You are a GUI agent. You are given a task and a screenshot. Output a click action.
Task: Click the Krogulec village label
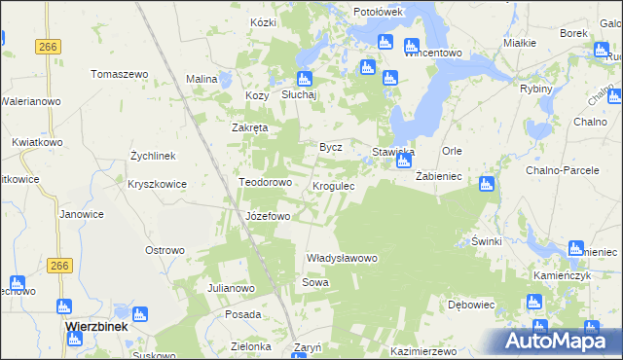point(339,185)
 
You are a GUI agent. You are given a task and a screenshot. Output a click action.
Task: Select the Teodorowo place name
point(266,182)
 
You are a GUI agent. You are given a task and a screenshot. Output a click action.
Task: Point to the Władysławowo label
point(342,258)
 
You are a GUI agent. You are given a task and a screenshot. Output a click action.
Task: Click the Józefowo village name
point(268,215)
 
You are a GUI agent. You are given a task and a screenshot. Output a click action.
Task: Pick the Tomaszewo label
point(119,74)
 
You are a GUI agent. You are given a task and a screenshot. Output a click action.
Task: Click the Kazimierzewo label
point(423,350)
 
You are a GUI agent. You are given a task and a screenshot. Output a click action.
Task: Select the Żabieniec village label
point(438,176)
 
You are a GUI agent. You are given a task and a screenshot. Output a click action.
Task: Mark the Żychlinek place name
point(153,156)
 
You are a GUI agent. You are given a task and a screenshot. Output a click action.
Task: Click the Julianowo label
point(231,289)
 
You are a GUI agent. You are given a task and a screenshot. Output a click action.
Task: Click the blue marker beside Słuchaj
point(304,78)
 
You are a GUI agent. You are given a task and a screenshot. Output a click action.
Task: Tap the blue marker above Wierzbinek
point(139,313)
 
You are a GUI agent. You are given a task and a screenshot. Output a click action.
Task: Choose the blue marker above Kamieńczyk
point(575,248)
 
